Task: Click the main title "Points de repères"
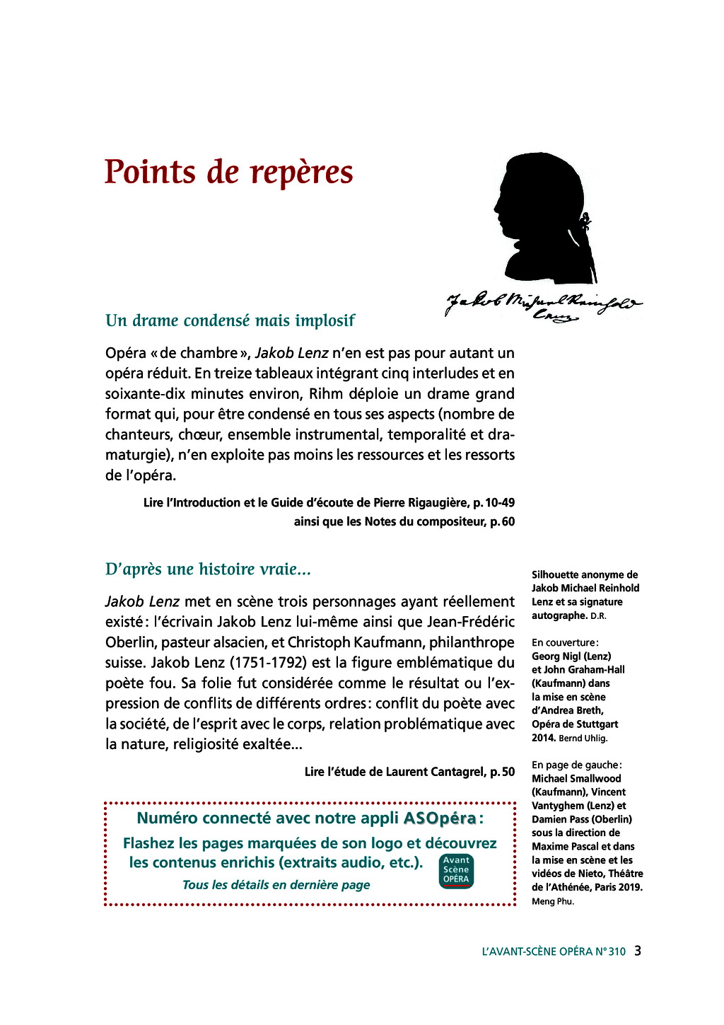tap(228, 172)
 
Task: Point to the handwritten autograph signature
tap(543, 306)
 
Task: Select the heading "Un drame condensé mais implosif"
tap(230, 320)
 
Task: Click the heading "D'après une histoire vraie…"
tap(208, 569)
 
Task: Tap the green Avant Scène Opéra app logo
tap(456, 871)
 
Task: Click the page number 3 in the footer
tap(637, 951)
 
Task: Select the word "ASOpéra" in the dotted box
tap(440, 818)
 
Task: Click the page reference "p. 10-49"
tap(494, 503)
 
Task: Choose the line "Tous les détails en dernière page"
tap(276, 885)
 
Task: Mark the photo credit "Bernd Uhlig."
tap(583, 739)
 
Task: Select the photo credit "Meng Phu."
tap(553, 901)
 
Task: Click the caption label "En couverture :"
tap(565, 642)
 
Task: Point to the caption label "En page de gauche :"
tap(576, 765)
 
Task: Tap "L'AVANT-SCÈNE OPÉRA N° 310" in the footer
tap(554, 951)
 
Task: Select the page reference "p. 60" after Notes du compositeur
tap(502, 522)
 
